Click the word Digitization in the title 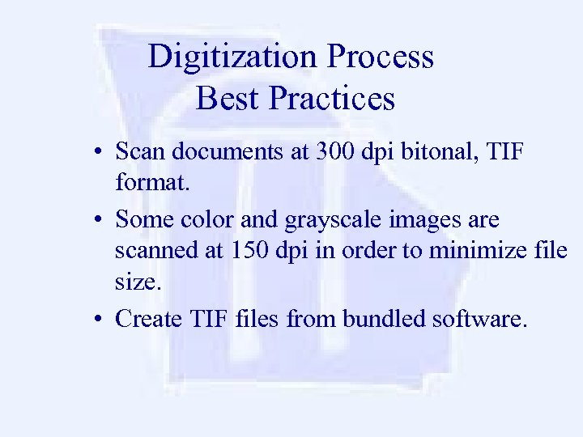point(233,57)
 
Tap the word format point(151,183)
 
